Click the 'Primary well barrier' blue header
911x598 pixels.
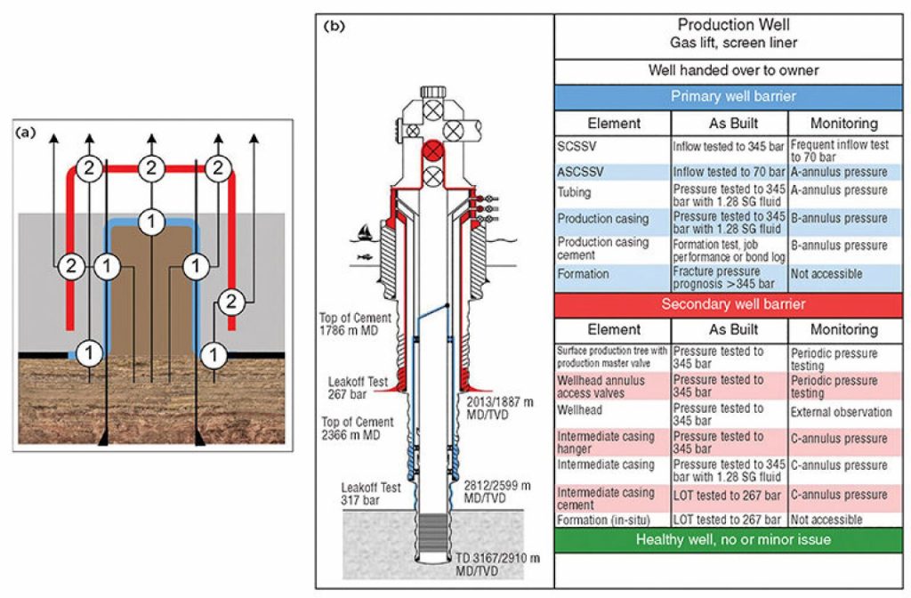pos(732,96)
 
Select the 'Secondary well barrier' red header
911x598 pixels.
pos(732,304)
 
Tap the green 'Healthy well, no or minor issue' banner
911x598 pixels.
pos(732,539)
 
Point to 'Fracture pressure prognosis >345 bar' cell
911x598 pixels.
pos(729,275)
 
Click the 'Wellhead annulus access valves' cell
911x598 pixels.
pos(613,385)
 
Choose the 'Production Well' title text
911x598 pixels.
pos(732,25)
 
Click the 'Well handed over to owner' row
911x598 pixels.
pos(732,70)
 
